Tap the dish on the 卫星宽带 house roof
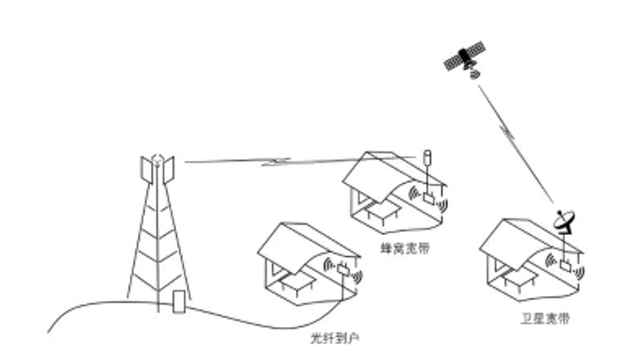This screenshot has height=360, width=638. pyautogui.click(x=565, y=221)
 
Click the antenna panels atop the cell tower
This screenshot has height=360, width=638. pyautogui.click(x=156, y=169)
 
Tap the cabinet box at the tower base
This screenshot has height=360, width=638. pyautogui.click(x=179, y=301)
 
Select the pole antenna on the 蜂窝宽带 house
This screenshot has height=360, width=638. pyautogui.click(x=427, y=163)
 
